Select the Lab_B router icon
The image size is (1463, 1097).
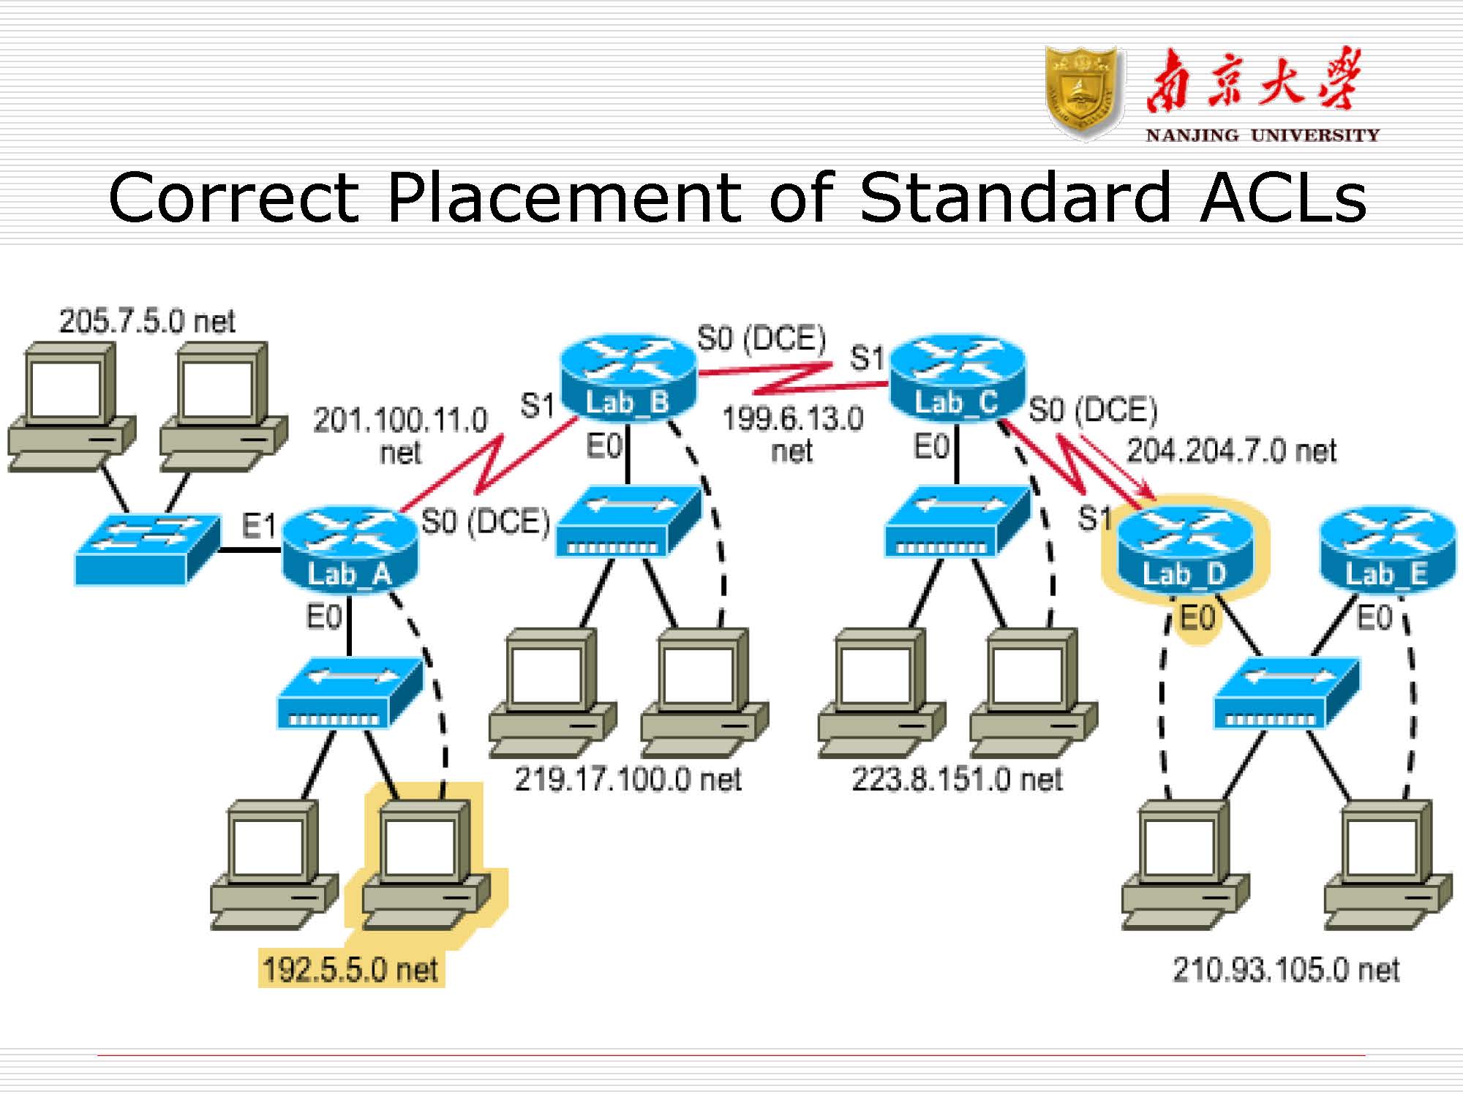[628, 377]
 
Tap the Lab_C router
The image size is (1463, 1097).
[957, 377]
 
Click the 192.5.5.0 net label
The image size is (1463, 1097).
[350, 970]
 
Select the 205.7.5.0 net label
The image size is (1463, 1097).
[147, 321]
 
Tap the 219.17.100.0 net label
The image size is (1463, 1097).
[628, 780]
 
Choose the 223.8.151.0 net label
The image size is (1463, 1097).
[957, 780]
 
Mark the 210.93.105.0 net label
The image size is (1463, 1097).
[1286, 970]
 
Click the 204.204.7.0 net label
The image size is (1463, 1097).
[1232, 451]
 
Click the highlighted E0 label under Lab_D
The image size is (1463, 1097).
[1197, 618]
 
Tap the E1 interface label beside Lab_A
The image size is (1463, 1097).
[258, 526]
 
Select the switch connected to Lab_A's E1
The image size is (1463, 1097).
[147, 548]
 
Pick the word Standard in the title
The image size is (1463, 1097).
[1015, 197]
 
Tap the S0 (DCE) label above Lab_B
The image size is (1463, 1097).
[761, 339]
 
